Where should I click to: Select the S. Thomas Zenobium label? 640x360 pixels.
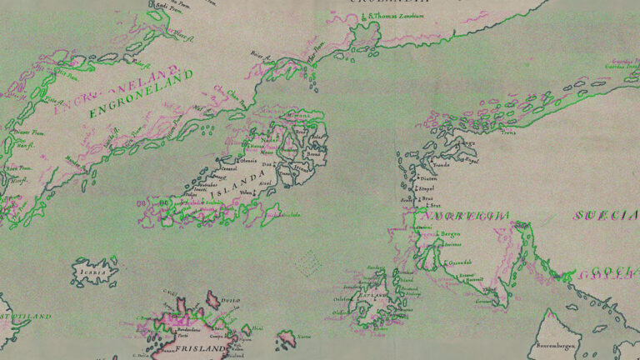398,16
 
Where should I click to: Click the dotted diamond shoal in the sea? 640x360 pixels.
309,263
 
